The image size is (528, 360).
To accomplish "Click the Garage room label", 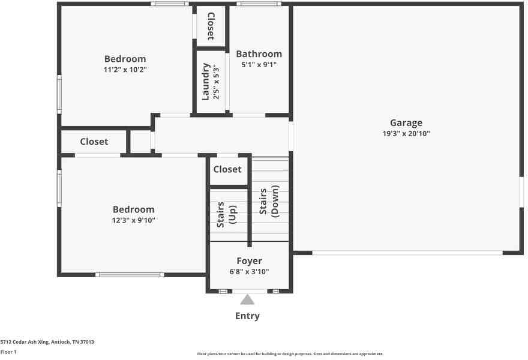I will pos(407,123).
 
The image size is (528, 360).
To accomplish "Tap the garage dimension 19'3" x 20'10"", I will pos(407,134).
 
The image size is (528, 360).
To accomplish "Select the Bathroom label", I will pos(259,54).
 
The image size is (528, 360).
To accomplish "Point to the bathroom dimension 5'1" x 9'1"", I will pos(259,65).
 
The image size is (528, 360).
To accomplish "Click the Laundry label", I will pos(206,82).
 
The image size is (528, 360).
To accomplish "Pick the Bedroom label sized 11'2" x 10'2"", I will pos(125,59).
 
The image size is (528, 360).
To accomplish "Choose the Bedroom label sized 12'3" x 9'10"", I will pos(133,209).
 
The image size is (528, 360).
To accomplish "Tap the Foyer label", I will pos(249,261).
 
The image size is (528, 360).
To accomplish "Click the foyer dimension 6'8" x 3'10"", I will pos(249,272).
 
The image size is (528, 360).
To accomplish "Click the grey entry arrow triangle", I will pos(247,299).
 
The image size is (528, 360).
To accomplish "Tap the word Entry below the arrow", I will pos(247,316).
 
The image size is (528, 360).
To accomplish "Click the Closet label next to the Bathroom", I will pos(211,26).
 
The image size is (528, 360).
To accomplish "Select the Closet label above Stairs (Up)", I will pos(227,170).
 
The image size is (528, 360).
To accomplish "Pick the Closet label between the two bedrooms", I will pos(94,142).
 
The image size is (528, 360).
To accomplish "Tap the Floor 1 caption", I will pos(8,352).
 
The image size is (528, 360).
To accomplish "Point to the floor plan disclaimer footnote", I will pos(290,354).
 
